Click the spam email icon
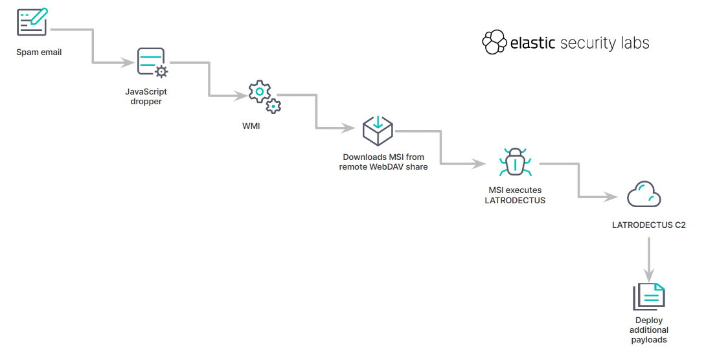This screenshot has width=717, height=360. click(32, 22)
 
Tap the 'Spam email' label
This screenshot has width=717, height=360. click(39, 52)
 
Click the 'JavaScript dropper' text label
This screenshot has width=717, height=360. click(146, 96)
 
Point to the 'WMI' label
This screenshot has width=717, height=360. click(251, 126)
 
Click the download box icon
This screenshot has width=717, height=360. click(378, 130)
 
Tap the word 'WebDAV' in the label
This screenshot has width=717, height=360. click(389, 167)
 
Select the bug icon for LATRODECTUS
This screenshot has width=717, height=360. click(515, 162)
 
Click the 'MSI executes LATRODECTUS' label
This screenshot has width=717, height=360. click(515, 196)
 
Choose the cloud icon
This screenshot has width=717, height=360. click(643, 194)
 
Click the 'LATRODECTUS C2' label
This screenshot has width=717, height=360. click(648, 225)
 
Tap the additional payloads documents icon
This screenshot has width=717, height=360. click(649, 297)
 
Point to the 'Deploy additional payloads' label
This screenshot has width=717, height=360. click(648, 330)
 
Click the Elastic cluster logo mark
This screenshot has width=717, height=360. click(494, 43)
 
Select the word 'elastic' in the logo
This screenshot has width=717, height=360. click(532, 43)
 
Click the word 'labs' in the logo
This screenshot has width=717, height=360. click(632, 43)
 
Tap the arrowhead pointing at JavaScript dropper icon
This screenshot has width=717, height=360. click(127, 63)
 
